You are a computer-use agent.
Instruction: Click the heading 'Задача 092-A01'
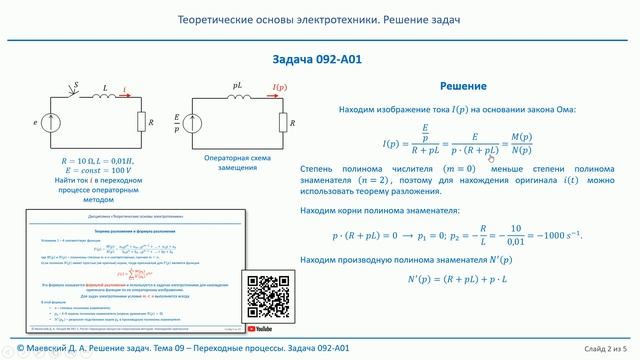click(x=317, y=60)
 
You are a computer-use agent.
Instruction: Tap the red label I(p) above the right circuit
click(x=281, y=88)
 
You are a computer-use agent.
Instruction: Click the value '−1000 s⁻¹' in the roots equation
click(x=556, y=236)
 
